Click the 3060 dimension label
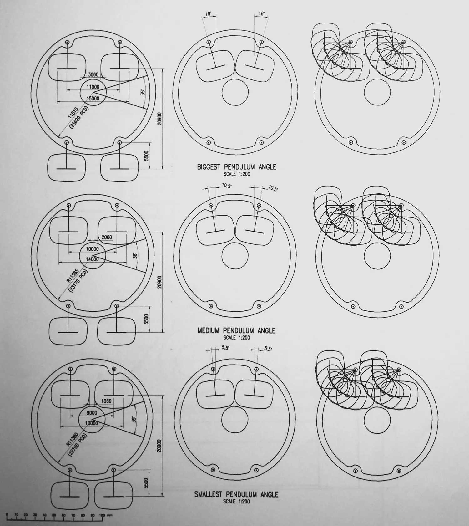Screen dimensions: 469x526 [x=93, y=75]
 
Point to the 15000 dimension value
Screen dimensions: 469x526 [x=93, y=98]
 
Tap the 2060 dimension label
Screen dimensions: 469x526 [x=107, y=237]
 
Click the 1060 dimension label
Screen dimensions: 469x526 [x=106, y=401]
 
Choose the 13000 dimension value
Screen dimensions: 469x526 [x=92, y=423]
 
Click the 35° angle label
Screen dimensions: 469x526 [x=143, y=93]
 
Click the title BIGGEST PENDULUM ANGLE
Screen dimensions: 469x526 [x=236, y=167]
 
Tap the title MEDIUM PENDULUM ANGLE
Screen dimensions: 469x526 [x=236, y=330]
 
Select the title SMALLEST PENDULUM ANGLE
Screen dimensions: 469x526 [x=236, y=494]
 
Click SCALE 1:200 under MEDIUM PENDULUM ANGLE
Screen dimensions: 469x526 [x=236, y=338]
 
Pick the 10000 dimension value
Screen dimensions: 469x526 [x=92, y=249]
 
